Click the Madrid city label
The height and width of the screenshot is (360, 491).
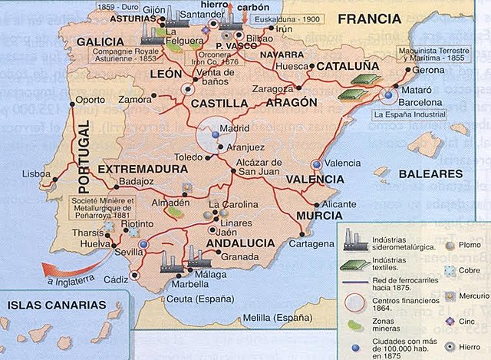pos(234,128)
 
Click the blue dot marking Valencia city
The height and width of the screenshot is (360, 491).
pos(316,165)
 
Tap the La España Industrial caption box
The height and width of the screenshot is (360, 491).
pos(400,115)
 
